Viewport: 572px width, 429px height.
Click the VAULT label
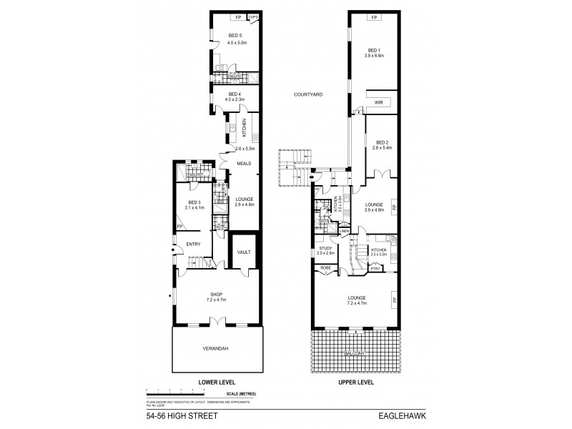[x=244, y=252]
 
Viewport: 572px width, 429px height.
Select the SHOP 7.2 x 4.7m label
[x=217, y=295]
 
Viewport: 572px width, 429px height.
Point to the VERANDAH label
[x=216, y=349]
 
